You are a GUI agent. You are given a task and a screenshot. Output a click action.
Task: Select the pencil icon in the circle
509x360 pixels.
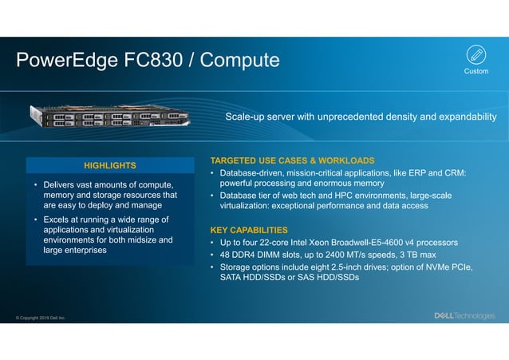[476, 54]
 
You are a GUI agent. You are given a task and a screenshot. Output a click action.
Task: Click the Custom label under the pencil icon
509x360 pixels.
[476, 71]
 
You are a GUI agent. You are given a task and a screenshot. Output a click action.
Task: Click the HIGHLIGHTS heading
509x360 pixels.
[110, 165]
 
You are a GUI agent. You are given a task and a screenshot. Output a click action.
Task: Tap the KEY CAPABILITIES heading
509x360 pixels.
[248, 230]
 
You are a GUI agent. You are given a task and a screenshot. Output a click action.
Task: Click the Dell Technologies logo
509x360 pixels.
[464, 315]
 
